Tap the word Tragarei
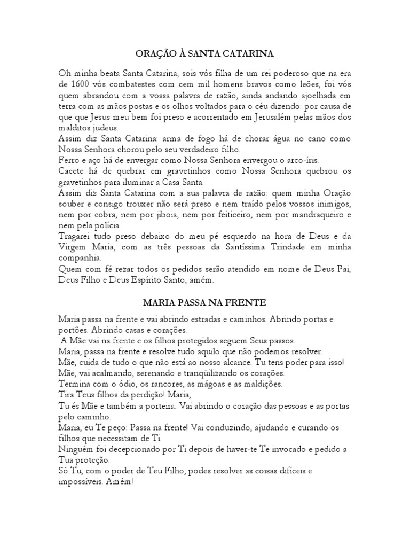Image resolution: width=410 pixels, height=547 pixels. [x=76, y=236]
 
